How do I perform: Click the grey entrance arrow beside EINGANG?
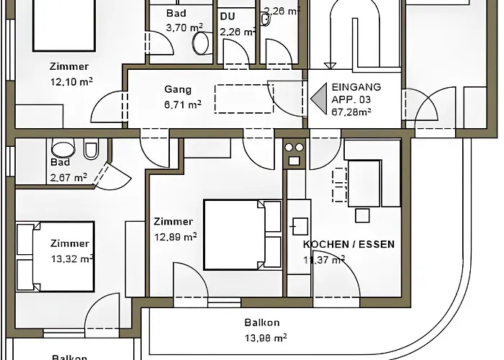(319, 99)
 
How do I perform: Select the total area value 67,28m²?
(351, 112)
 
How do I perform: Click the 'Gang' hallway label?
(178, 90)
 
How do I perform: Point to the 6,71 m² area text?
(183, 104)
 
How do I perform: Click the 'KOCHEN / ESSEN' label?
(348, 244)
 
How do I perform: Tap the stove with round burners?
(294, 153)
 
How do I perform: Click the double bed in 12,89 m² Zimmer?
(242, 234)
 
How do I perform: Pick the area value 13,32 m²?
(73, 258)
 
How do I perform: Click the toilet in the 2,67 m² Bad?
(91, 149)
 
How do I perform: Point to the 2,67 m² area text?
(68, 176)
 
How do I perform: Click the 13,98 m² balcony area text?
(266, 337)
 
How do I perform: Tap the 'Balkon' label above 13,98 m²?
(262, 323)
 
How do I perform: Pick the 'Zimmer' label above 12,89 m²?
(174, 222)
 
